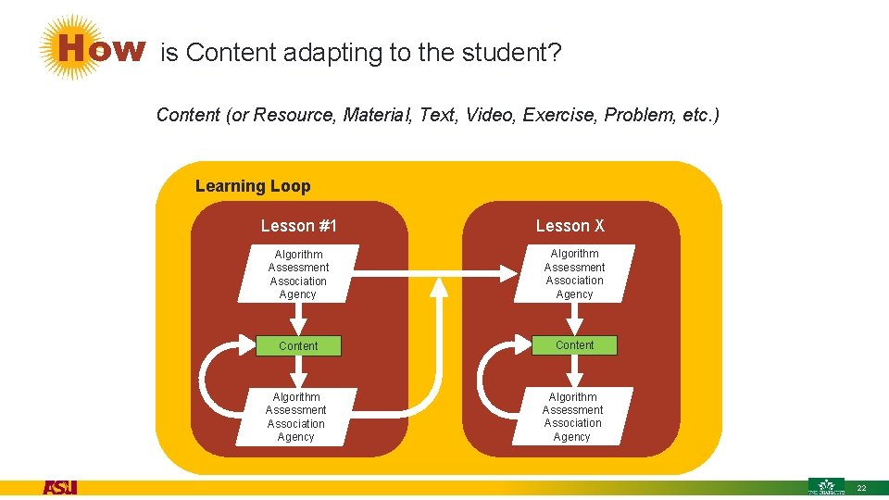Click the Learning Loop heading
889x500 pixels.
[x=253, y=186]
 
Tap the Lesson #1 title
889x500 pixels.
[x=299, y=226]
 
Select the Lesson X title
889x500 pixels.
[x=570, y=226]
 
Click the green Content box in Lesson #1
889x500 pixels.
[x=298, y=346]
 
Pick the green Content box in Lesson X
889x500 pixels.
[x=574, y=345]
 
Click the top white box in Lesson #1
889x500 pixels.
[x=298, y=274]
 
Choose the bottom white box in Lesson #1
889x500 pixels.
[x=296, y=417]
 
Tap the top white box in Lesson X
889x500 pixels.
[x=574, y=274]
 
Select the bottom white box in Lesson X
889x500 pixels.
[x=572, y=417]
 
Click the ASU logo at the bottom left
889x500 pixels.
[x=60, y=487]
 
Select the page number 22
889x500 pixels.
[x=861, y=488]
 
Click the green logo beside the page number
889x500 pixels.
[x=826, y=486]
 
